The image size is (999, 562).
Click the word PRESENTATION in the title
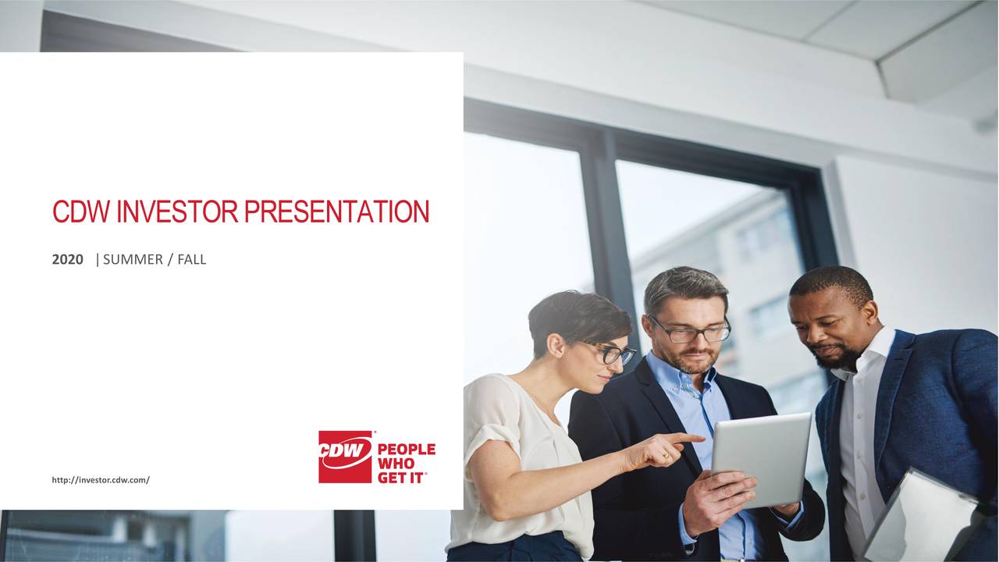pos(336,212)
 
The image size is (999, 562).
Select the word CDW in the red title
pos(82,212)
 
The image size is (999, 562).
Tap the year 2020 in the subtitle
pos(67,260)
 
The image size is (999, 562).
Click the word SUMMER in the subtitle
pos(133,260)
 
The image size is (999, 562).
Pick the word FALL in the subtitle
pos(192,260)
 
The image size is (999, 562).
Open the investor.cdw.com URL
pos(100,479)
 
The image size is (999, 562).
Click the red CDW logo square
pos(345,457)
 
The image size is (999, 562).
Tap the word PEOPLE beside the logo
pos(406,450)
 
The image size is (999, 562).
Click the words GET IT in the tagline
pos(401,478)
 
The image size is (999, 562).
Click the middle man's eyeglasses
pos(690,330)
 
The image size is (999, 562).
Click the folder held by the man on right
pos(921,520)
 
